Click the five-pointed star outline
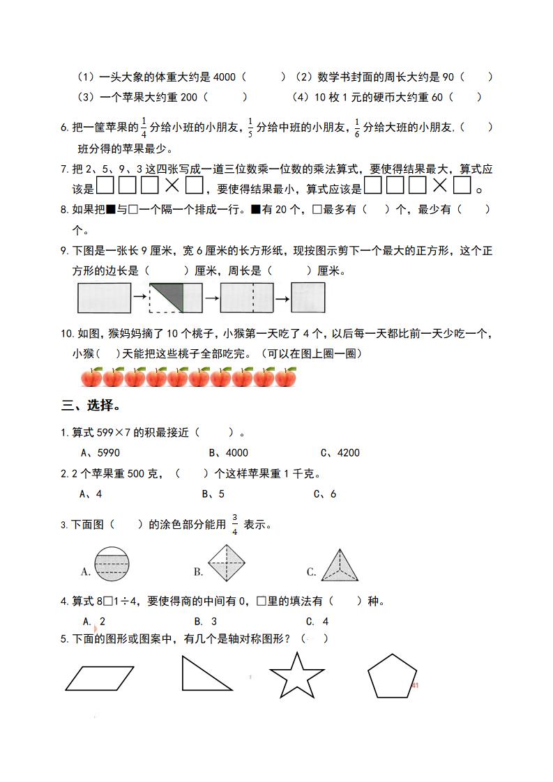296,675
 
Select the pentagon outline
392,676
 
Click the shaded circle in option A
112,563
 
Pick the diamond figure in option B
227,562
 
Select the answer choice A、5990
100,452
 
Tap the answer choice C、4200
340,452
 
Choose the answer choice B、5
213,494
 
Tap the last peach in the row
285,377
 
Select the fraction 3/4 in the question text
234,524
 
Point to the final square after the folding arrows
308,298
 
